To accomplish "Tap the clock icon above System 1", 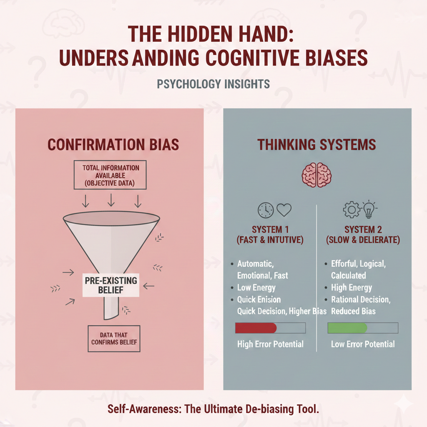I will (265, 210).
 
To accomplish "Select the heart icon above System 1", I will (284, 210).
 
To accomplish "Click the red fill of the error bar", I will (256, 328).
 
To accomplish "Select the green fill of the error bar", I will (347, 328).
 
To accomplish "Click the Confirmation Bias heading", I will (113, 144).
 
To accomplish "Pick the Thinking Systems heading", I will (316, 144).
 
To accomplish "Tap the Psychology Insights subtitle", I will (213, 84).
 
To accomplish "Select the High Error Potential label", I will (270, 344).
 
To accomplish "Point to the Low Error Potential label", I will (363, 344).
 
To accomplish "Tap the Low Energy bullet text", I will (256, 288).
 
